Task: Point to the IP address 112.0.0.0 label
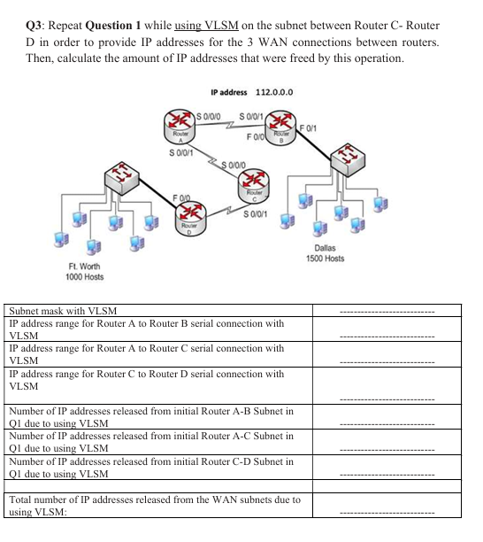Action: (253, 91)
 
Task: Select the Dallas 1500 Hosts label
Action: (325, 253)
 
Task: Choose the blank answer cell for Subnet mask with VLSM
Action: (387, 311)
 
